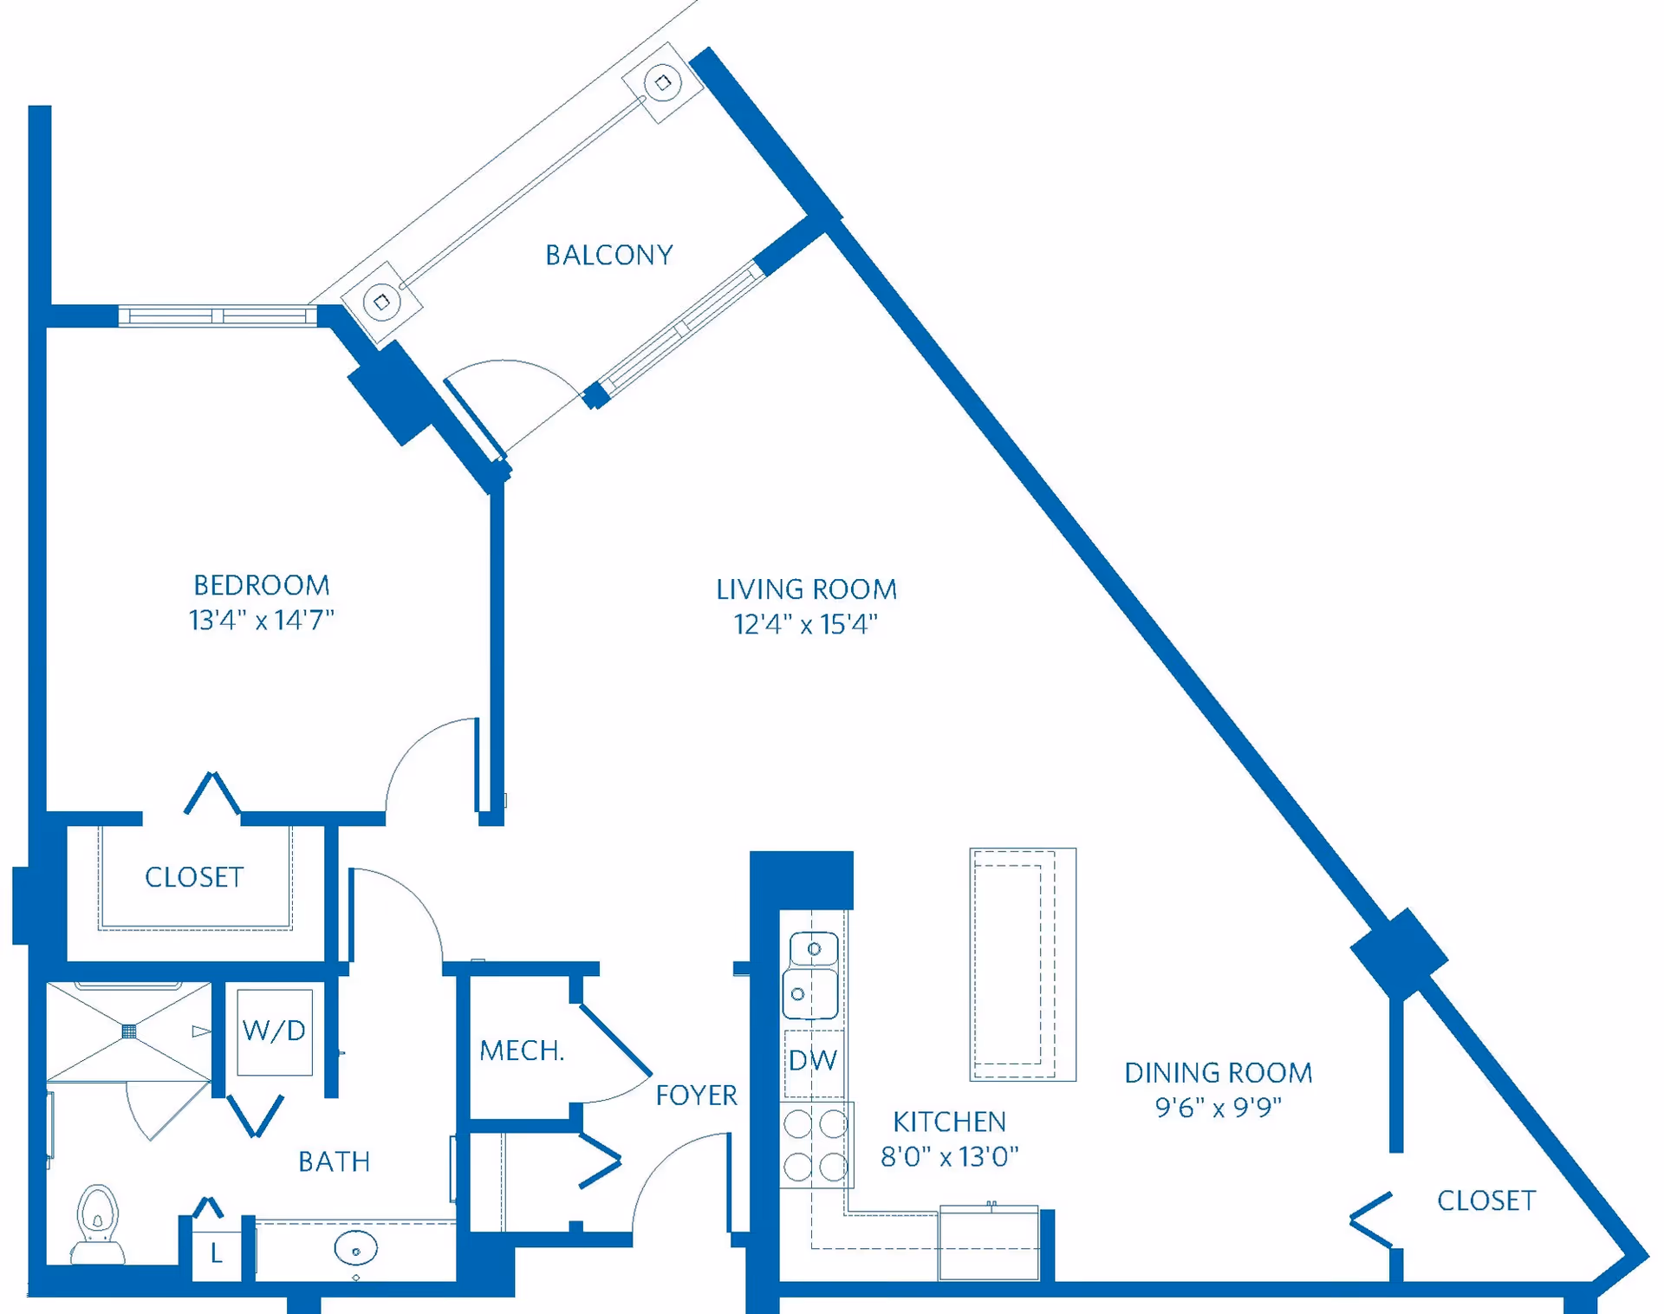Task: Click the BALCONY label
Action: (x=608, y=255)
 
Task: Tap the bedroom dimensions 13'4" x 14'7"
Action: (x=261, y=621)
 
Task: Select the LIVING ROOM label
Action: (x=806, y=589)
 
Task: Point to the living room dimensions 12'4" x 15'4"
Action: (x=806, y=624)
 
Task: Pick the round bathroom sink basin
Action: (x=355, y=1249)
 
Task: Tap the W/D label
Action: (x=274, y=1031)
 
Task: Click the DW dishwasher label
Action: (x=813, y=1060)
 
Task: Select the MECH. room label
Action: (x=522, y=1051)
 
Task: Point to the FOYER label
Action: (x=696, y=1096)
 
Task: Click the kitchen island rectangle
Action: (x=1023, y=964)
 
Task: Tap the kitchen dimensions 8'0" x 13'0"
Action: (x=949, y=1157)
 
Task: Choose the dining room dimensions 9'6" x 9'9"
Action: (x=1218, y=1108)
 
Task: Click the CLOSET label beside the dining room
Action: (x=1486, y=1200)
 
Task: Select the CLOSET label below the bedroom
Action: (x=194, y=877)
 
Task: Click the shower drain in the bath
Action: (x=129, y=1031)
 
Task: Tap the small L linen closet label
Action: (x=217, y=1253)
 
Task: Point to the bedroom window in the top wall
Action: (x=217, y=316)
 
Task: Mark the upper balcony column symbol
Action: (x=663, y=83)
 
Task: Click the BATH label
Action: (x=334, y=1161)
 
